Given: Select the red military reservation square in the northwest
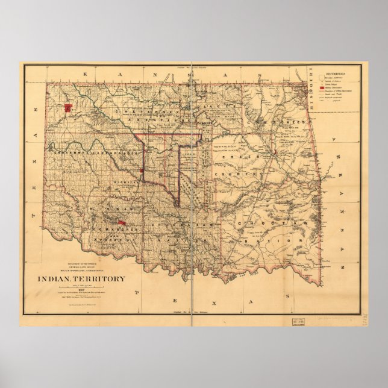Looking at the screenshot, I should pos(68,108).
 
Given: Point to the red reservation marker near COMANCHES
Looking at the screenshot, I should pos(122,223).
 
